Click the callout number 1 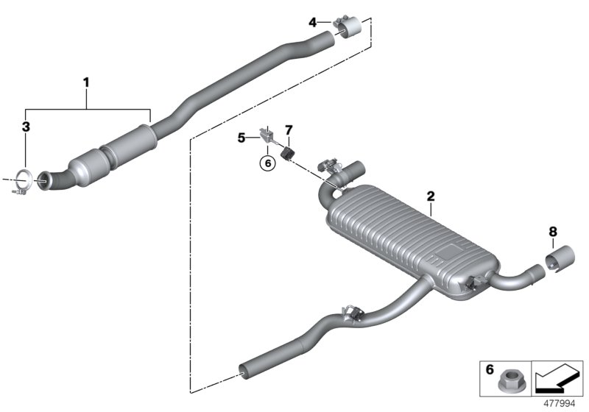pos(86,82)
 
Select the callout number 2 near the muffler pos(431,196)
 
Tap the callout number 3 pos(26,127)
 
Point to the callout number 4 pos(313,23)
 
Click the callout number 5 pos(241,137)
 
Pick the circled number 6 pos(267,163)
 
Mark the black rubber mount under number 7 pos(289,150)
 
